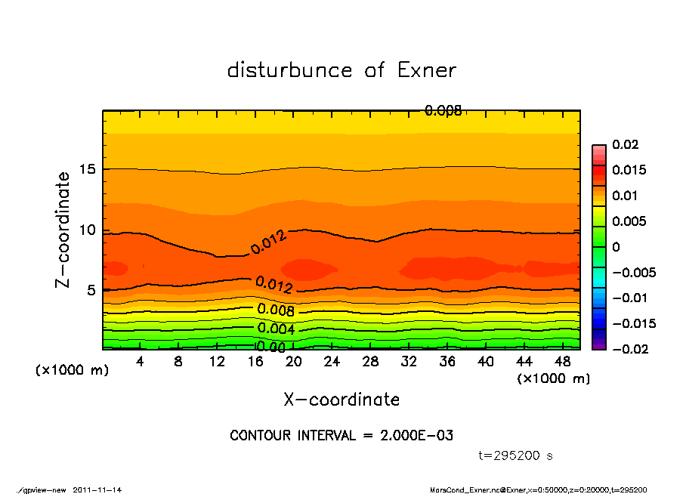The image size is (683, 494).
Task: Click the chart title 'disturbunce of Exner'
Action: click(341, 70)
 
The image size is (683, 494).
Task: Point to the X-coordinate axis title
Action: click(341, 400)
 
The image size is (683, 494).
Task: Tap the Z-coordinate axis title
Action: click(63, 230)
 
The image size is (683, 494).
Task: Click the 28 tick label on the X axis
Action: click(370, 361)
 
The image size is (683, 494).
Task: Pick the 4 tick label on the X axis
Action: click(141, 361)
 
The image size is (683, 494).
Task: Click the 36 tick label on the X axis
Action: click(447, 361)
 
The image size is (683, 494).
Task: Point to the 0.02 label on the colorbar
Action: click(626, 144)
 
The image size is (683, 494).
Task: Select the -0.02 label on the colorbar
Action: click(629, 349)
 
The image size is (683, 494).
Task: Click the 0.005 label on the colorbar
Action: click(629, 221)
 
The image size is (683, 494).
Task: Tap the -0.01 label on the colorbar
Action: click(629, 298)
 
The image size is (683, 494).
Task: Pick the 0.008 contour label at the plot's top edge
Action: click(443, 111)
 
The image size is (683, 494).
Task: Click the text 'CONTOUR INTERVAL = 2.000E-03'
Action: click(341, 436)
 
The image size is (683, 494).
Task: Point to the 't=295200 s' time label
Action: click(516, 455)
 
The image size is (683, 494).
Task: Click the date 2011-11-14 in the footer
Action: click(97, 489)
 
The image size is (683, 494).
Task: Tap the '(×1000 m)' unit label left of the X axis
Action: click(69, 371)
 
